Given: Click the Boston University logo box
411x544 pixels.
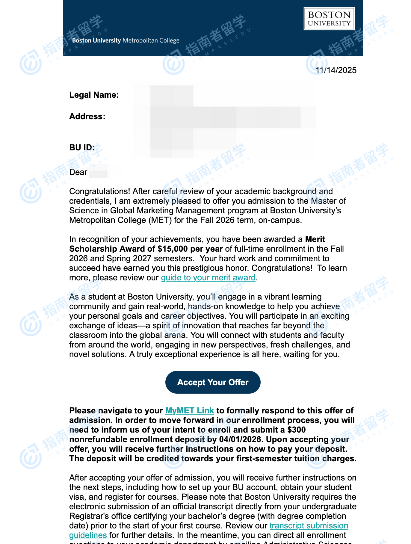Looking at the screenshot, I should point(329,19).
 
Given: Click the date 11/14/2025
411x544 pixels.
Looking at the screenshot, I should point(336,70).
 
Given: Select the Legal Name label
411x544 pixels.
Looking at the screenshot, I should point(94,95).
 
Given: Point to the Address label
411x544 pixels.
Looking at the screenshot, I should point(87,117).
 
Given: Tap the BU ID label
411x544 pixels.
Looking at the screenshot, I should point(82,148).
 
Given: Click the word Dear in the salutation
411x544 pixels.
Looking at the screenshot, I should point(78,172).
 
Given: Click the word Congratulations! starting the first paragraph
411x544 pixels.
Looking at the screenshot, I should point(99,191).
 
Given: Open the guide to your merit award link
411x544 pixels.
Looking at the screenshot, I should point(208,278).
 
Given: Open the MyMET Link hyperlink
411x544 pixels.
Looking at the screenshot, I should point(189,411).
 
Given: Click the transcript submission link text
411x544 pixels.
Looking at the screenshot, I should point(309,526).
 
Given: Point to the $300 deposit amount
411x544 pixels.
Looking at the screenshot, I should point(296,430).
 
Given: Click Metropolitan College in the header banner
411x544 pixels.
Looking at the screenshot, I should point(151,40).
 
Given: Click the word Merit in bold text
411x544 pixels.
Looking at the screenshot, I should point(315,239).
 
